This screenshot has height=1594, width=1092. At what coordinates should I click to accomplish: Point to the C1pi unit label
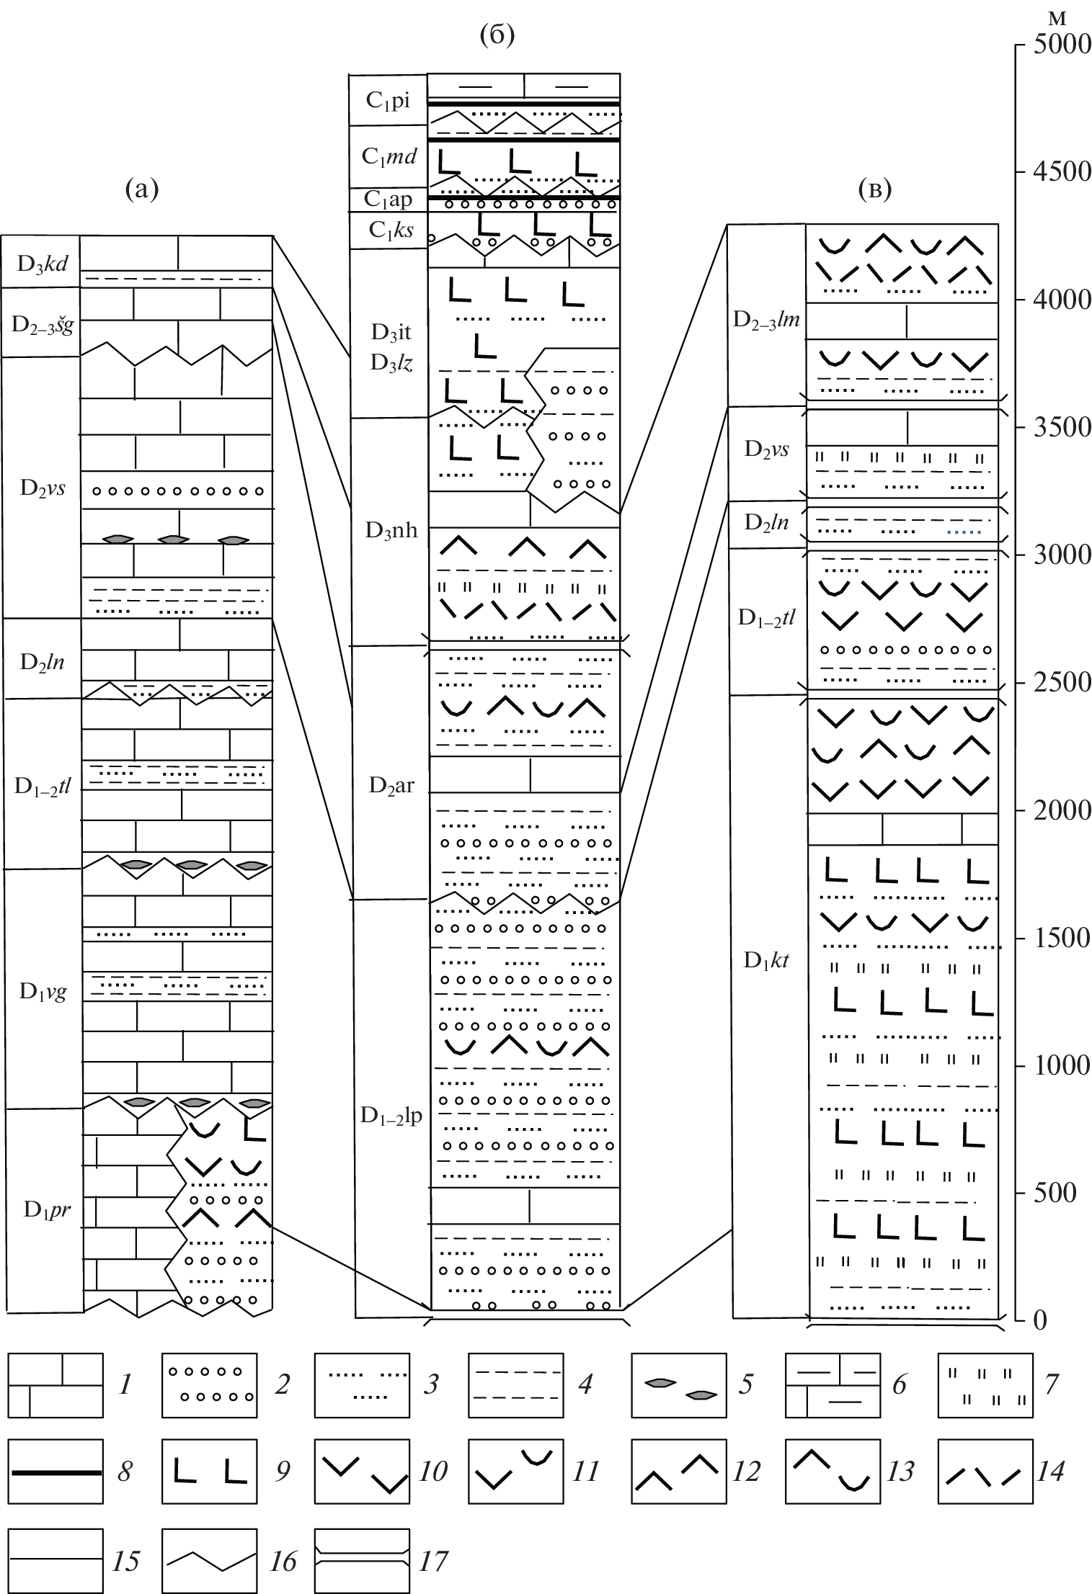pos(388,101)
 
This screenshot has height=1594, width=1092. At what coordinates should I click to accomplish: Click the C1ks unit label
pos(391,230)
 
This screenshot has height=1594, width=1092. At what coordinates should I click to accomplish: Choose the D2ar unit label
pos(391,784)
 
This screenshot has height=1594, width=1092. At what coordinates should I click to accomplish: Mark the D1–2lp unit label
pos(391,1116)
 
